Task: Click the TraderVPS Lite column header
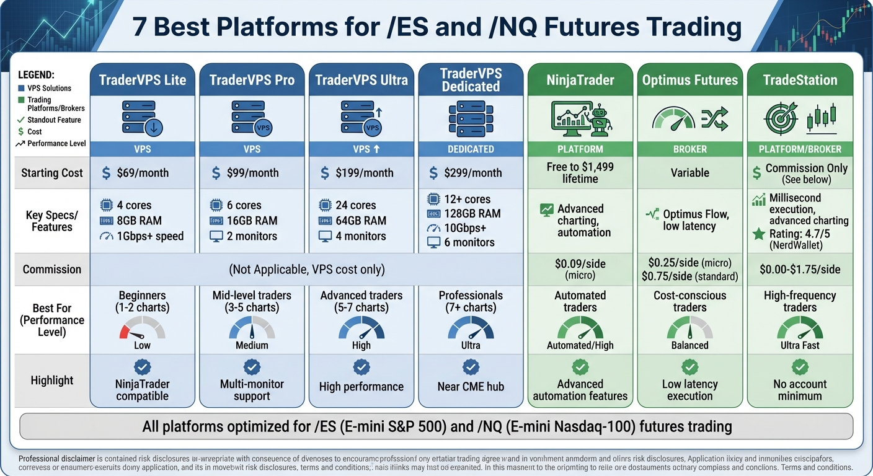pos(142,80)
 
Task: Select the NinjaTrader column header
pos(580,80)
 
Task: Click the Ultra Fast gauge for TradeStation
pos(800,327)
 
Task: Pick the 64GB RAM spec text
pos(361,221)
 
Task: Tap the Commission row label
pos(52,270)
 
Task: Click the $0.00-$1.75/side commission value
pos(800,270)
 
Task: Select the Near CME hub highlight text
pos(471,387)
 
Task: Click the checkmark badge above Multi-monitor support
pos(252,368)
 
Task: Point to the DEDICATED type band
pos(471,149)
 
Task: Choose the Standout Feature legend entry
pos(54,120)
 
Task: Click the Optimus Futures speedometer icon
pos(674,118)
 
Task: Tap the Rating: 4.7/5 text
pos(800,234)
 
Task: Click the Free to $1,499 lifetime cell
pos(580,173)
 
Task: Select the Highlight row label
pos(52,381)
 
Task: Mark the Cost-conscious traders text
pos(689,301)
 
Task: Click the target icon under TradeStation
pos(781,118)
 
